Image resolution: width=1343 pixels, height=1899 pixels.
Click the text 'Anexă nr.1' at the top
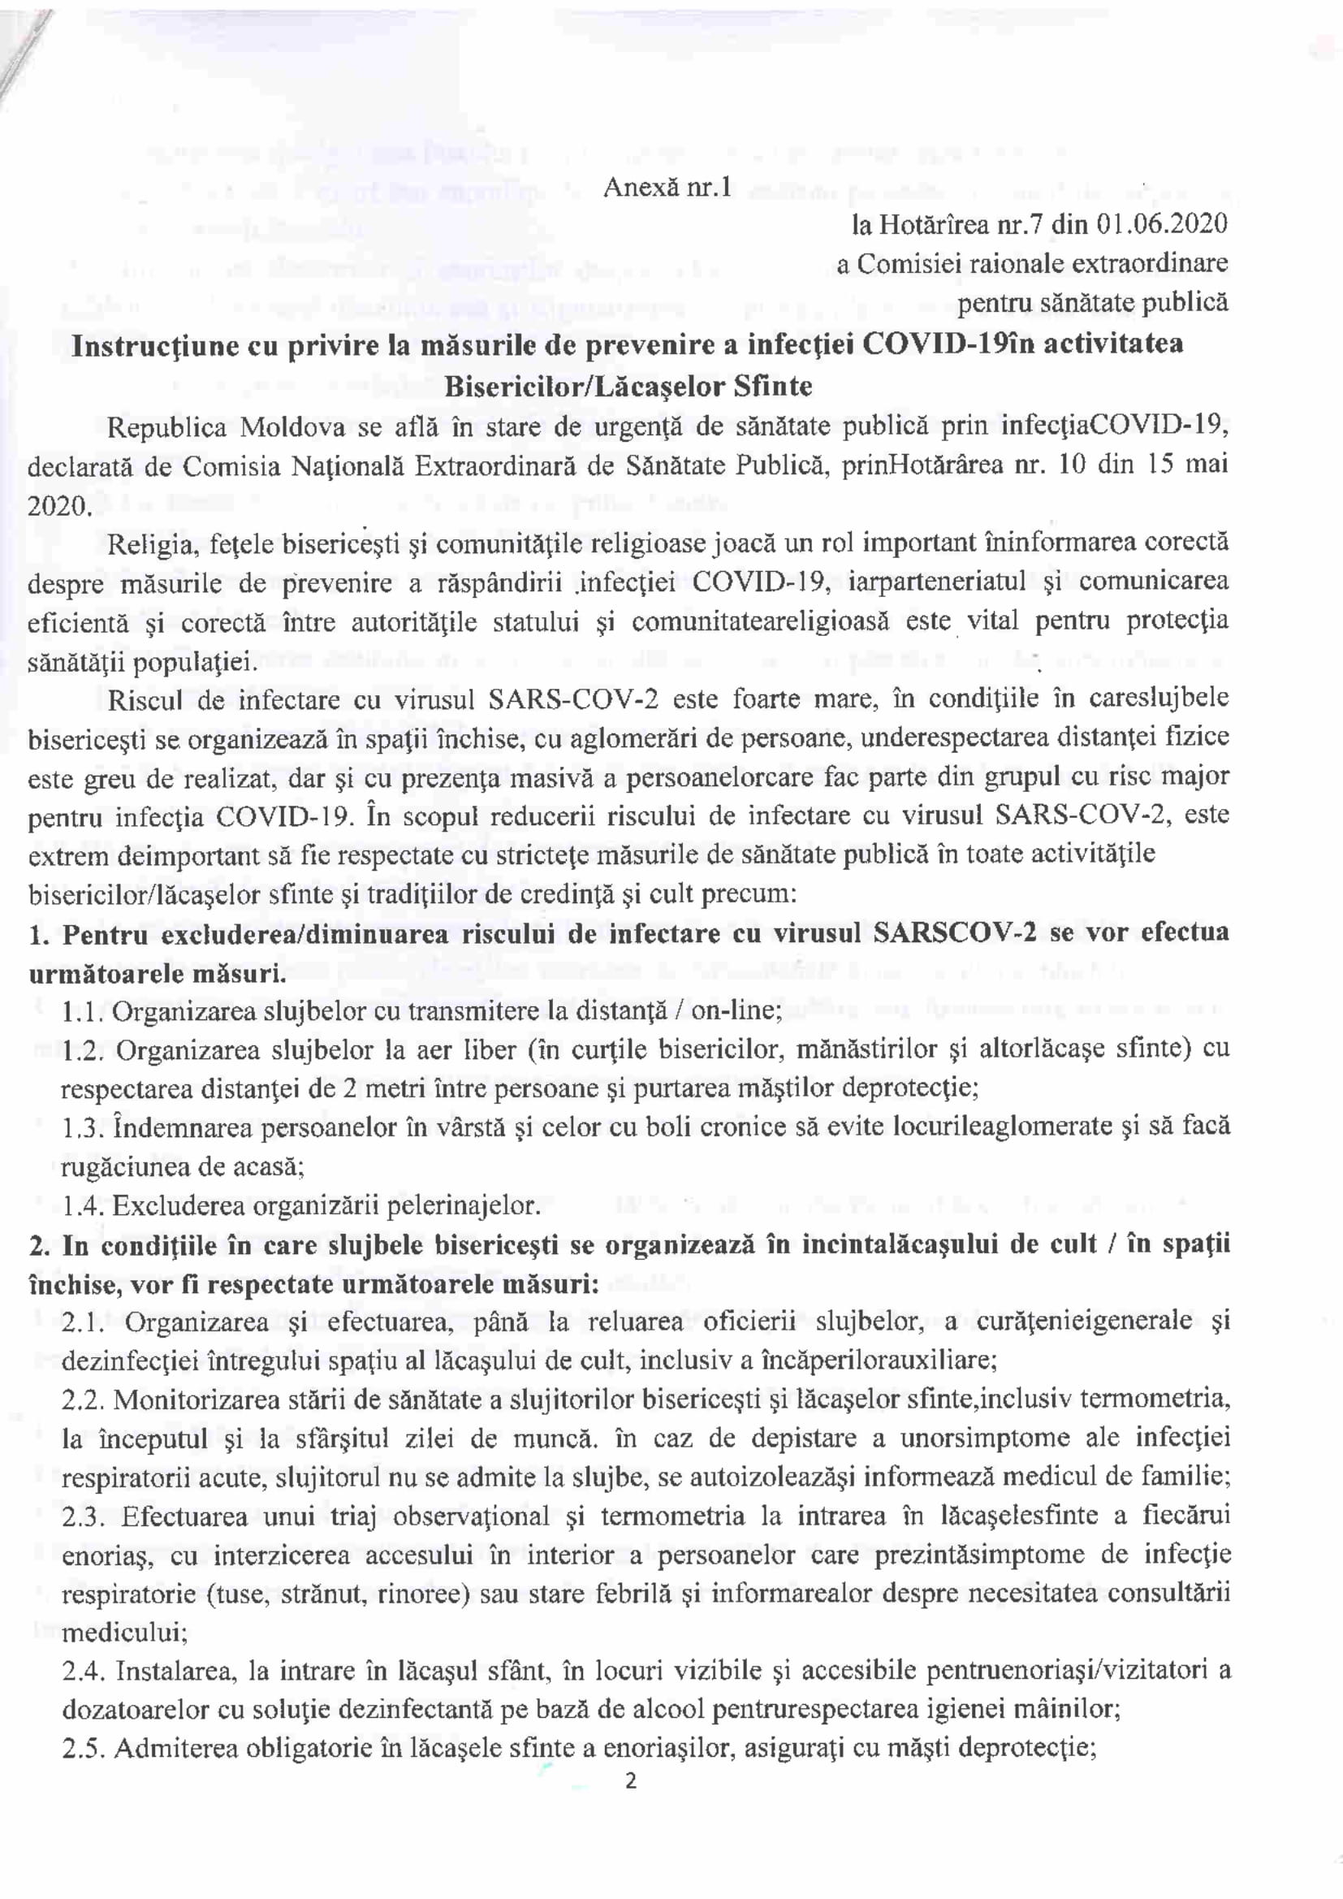click(667, 188)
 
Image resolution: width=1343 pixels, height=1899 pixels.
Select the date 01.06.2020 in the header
click(1163, 224)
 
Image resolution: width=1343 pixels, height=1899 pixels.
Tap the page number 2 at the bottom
click(631, 1781)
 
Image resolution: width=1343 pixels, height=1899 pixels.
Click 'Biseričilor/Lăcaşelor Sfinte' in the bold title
click(628, 387)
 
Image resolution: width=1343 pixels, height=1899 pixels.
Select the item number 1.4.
click(84, 1206)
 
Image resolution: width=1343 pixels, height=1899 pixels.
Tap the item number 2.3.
click(84, 1516)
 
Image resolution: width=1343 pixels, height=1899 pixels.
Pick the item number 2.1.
click(84, 1322)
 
